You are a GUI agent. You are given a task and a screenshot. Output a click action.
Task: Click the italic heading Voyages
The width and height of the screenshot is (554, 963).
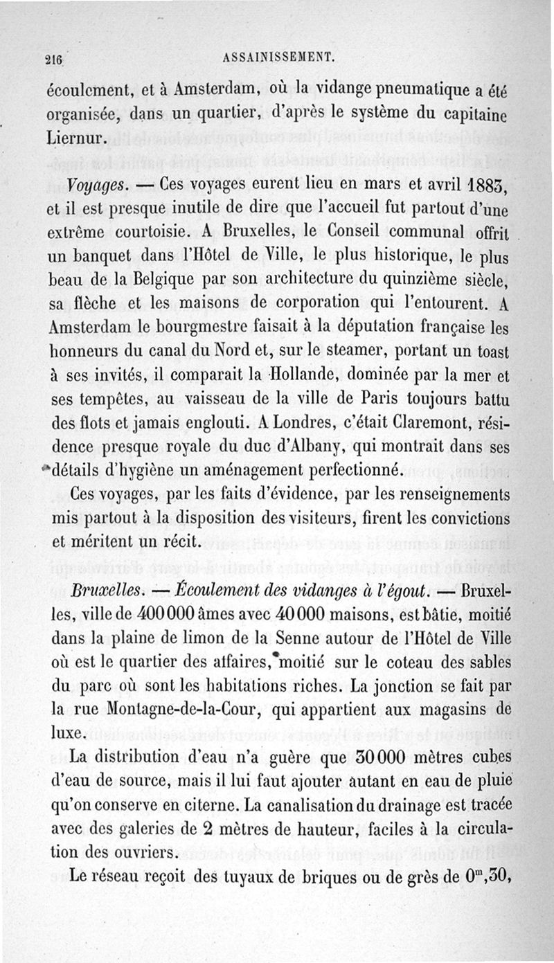pyautogui.click(x=97, y=186)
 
